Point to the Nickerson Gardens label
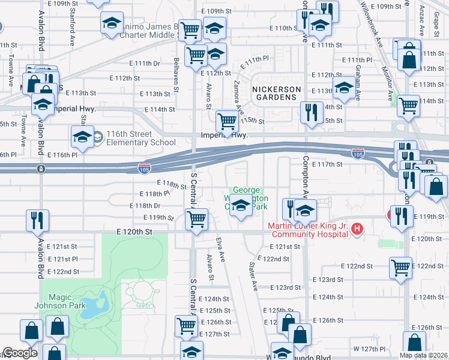point(275,92)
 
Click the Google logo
point(20,353)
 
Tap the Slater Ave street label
point(254,274)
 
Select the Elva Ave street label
point(221,248)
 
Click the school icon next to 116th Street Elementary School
point(82,137)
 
